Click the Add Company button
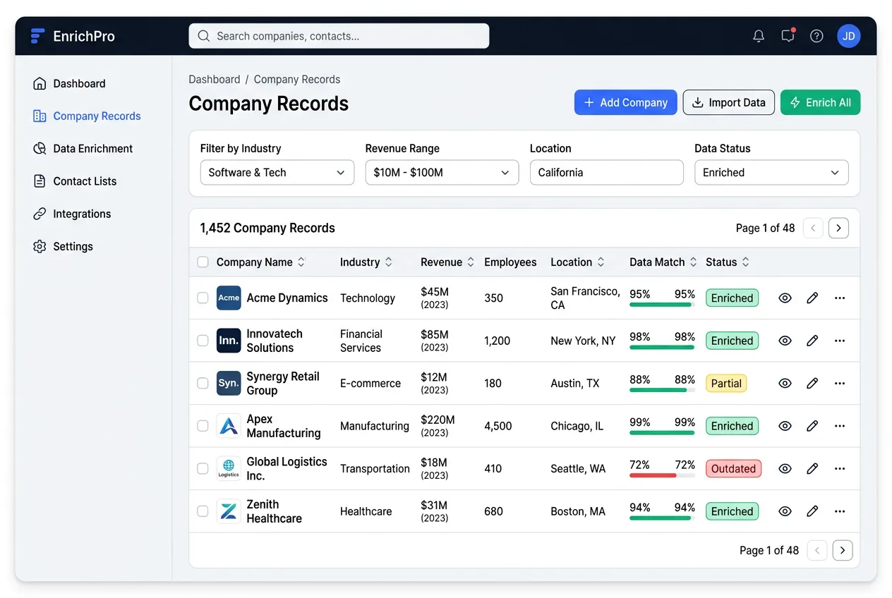point(625,102)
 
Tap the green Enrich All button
point(820,102)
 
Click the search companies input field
point(339,36)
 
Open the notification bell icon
point(759,36)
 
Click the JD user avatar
point(848,36)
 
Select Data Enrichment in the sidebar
point(92,149)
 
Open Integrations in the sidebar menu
point(82,214)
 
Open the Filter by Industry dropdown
point(277,173)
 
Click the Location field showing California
point(606,173)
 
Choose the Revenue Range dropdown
point(442,173)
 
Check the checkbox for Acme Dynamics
point(203,298)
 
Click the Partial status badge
point(726,384)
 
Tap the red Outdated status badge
point(733,469)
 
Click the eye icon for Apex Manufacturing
point(785,426)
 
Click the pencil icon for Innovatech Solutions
point(812,341)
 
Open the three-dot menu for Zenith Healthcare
point(840,511)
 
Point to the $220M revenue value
point(438,420)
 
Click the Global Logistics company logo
point(229,469)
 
